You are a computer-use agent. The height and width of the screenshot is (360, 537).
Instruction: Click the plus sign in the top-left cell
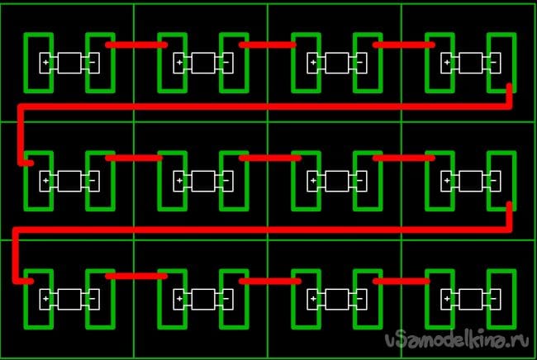[45, 62]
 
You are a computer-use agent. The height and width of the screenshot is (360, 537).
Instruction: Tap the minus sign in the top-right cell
[493, 62]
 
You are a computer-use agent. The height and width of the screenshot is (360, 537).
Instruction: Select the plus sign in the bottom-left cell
[45, 298]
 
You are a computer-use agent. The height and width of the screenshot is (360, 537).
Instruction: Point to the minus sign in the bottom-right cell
[493, 298]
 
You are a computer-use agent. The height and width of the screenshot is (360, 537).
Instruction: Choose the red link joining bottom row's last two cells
[402, 282]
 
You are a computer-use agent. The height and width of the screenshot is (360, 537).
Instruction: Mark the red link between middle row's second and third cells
[268, 157]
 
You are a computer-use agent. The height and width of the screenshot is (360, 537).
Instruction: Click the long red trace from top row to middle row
[264, 107]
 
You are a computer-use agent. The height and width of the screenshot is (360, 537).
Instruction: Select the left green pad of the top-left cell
[38, 62]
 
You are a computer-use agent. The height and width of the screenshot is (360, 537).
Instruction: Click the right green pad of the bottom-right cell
[501, 298]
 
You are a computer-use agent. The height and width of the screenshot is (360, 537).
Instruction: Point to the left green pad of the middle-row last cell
[439, 180]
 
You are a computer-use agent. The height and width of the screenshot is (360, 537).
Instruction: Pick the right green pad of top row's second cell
[234, 62]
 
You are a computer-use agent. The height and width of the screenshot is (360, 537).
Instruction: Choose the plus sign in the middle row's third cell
[313, 180]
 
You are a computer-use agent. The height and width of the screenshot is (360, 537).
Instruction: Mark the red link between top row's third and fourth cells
[403, 45]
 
